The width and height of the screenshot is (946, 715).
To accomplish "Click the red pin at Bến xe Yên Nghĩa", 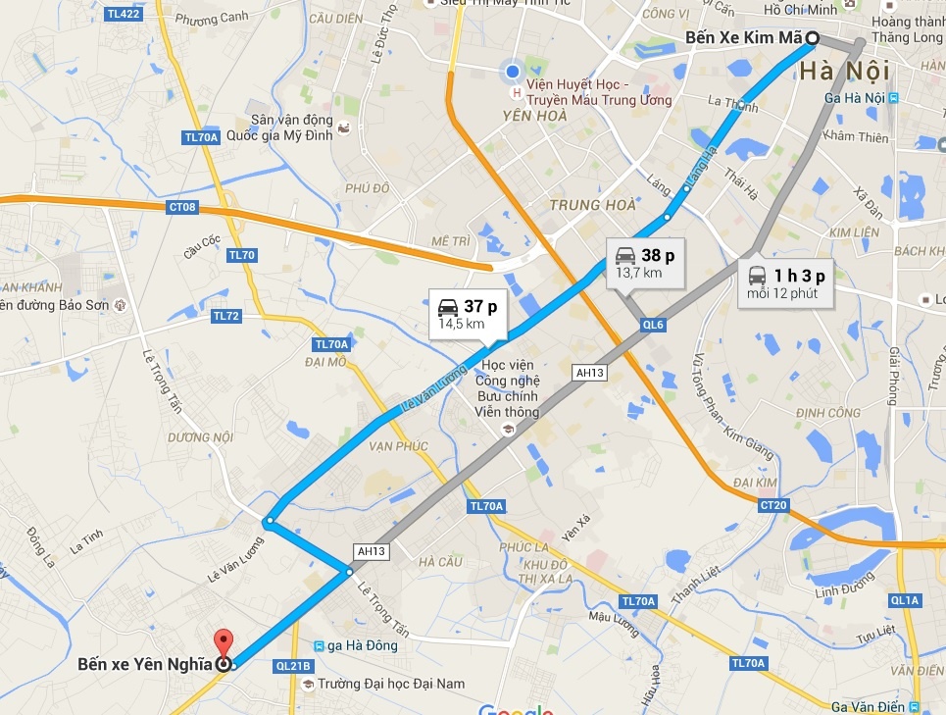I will point(224,644).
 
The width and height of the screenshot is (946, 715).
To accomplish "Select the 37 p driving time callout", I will point(468,313).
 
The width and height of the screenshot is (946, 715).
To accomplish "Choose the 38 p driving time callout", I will point(645,263).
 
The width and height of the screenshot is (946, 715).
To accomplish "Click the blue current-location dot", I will point(513,71).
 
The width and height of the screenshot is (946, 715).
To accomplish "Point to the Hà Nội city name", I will point(844,71).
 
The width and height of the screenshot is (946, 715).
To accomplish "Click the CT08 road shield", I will point(182,207).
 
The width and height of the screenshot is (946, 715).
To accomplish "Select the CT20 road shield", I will point(772,505).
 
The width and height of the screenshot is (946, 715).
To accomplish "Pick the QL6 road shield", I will point(653,324).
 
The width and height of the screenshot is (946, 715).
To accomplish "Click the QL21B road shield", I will point(293,665).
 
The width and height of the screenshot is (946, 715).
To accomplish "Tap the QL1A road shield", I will point(904,599).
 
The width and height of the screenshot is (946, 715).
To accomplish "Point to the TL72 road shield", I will point(226,316).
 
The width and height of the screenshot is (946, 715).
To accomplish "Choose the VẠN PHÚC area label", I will point(399,445).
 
